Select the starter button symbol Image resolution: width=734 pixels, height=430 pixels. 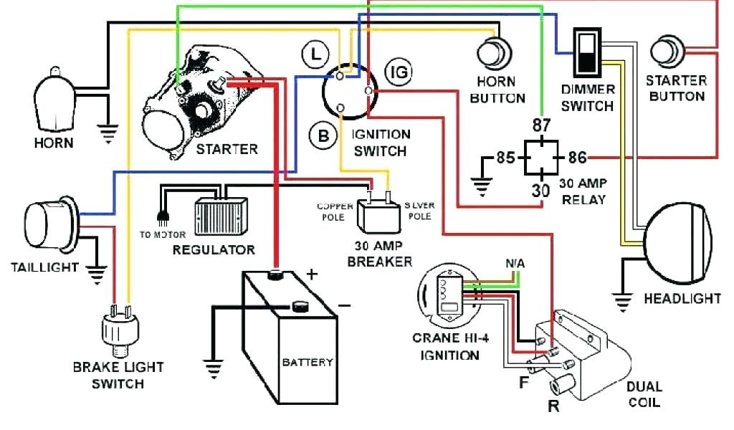[x=667, y=54]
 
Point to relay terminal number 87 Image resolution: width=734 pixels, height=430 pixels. [x=541, y=126]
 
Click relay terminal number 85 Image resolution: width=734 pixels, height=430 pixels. [x=505, y=158]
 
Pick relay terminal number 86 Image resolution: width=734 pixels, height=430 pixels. [x=577, y=158]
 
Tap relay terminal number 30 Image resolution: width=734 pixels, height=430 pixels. [x=540, y=190]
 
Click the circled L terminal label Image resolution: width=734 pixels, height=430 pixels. [x=314, y=53]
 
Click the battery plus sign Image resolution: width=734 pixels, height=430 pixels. [x=312, y=274]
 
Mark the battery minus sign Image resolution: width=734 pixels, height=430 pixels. [x=344, y=305]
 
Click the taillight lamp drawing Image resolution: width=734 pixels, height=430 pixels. [x=47, y=219]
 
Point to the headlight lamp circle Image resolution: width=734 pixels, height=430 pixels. [x=681, y=240]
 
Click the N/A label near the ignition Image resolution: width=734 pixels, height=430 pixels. [x=515, y=264]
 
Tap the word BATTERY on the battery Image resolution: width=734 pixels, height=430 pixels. [x=307, y=362]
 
